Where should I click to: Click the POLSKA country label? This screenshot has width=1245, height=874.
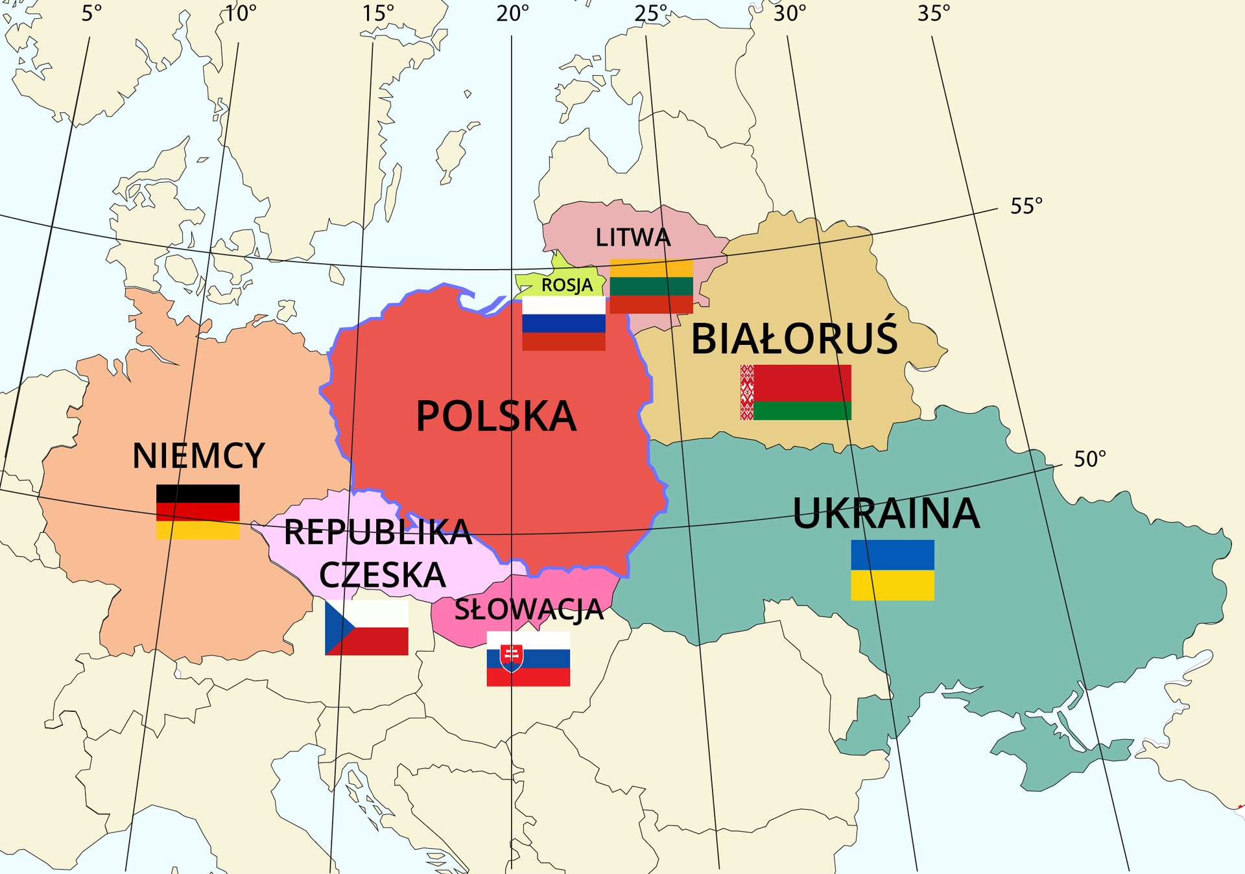(x=496, y=416)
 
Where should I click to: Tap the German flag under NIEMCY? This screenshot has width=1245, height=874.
(x=198, y=512)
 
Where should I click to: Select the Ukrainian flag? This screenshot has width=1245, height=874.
(x=892, y=570)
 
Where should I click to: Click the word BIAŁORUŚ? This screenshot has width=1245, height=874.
(x=794, y=338)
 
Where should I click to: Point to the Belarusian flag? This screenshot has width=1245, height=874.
(x=796, y=392)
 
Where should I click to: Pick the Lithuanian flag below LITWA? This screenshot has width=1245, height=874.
(x=651, y=287)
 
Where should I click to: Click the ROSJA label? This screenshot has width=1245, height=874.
(x=567, y=285)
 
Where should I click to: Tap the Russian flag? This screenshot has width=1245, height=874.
(x=563, y=324)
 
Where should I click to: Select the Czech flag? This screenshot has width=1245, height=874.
(x=366, y=627)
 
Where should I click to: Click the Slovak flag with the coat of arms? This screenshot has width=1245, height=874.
(x=528, y=658)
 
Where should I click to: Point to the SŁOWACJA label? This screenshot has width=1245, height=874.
(x=528, y=609)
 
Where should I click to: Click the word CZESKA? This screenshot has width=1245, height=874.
(x=383, y=574)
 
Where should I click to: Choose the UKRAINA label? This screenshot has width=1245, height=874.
(x=886, y=514)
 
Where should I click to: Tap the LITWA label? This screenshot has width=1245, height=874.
(x=633, y=237)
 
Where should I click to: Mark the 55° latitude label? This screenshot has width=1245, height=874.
(x=1026, y=206)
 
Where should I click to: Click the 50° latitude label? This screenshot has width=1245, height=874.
(x=1089, y=459)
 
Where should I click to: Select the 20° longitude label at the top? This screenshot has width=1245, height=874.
(x=512, y=13)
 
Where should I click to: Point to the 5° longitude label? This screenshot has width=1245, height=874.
(x=91, y=13)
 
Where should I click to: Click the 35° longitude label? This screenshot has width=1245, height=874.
(x=933, y=13)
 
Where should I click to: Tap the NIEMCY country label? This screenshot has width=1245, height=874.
(x=198, y=456)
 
